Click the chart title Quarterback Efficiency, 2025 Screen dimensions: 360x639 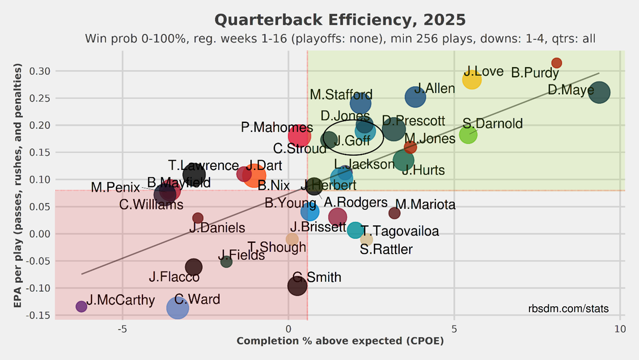pos(340,20)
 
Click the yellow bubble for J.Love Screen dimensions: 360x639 pos(472,79)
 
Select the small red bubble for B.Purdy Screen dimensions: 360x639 pos(557,63)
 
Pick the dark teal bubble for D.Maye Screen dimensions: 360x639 pos(600,93)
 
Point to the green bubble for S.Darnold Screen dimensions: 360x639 pos(468,135)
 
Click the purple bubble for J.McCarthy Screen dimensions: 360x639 pos(81,306)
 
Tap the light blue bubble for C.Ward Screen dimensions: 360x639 pos(178,307)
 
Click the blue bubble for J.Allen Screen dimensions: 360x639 pos(415,97)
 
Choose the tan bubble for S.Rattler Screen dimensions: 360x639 pos(367,239)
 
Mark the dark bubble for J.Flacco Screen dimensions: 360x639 pos(194,267)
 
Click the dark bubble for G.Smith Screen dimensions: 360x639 pos(297,285)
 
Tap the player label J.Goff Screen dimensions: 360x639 pos(352,140)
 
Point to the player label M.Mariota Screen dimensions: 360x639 pos(425,205)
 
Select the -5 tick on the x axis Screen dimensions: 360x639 pos(122,328)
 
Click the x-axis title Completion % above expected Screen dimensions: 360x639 pos(340,341)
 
